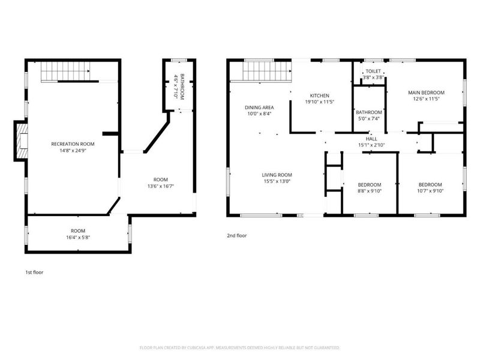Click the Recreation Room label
tap(73, 144)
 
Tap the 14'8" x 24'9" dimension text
tap(73, 151)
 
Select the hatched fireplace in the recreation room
tap(22, 140)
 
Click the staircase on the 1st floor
tap(66, 72)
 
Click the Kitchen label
tap(320, 95)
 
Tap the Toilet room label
tap(373, 71)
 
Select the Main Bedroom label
tap(426, 92)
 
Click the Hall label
tap(371, 139)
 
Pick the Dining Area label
tap(259, 107)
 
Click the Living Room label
tap(277, 175)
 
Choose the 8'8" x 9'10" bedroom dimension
tap(370, 191)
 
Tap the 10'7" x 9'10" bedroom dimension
tap(430, 191)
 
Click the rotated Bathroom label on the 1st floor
tap(182, 86)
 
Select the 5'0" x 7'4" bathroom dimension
tap(369, 119)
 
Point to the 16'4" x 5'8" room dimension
tap(78, 237)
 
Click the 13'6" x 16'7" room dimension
tap(161, 186)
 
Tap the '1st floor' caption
tap(34, 272)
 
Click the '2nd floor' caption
tap(236, 235)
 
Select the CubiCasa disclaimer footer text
tap(239, 348)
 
